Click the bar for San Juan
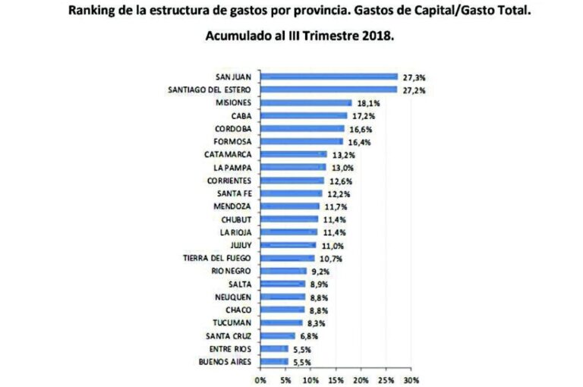[x=329, y=76]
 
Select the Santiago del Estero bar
[x=329, y=90]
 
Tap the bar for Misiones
[x=306, y=102]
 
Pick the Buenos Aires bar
[x=274, y=362]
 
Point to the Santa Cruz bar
[x=277, y=335]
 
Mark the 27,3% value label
[x=413, y=77]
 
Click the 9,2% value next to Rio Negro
[x=320, y=271]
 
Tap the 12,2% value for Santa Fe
[x=336, y=193]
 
